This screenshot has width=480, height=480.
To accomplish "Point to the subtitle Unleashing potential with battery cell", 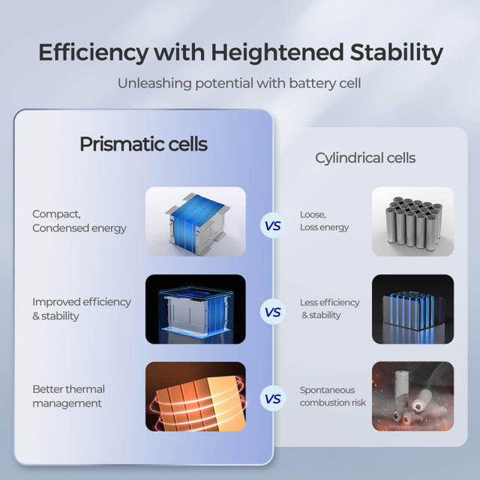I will click(x=239, y=82).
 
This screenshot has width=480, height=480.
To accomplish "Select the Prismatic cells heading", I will click(x=143, y=144).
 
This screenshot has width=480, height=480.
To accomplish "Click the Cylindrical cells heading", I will click(x=365, y=158).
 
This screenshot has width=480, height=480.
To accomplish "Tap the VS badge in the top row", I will click(x=272, y=224).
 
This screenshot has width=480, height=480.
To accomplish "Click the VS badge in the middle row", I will click(x=272, y=311).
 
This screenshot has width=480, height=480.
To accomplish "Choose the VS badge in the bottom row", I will click(x=272, y=399).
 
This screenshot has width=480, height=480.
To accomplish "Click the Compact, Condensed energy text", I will click(x=79, y=220).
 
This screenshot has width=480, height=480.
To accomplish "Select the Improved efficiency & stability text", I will click(x=81, y=308).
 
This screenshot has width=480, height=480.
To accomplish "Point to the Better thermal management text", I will click(x=68, y=396).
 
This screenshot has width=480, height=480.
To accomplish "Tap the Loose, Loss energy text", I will click(x=324, y=220).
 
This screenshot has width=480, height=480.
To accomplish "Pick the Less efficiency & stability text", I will click(x=329, y=308).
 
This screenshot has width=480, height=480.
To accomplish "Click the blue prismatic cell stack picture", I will click(x=195, y=220).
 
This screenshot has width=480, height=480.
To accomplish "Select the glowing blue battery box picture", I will click(x=195, y=309).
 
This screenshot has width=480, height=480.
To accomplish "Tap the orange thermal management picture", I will click(x=195, y=396).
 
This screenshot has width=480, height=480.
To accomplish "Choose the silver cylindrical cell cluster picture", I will click(x=412, y=220).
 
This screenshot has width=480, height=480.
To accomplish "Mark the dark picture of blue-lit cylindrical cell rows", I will click(x=412, y=309).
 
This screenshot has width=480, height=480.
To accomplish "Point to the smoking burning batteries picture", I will click(x=412, y=396).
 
